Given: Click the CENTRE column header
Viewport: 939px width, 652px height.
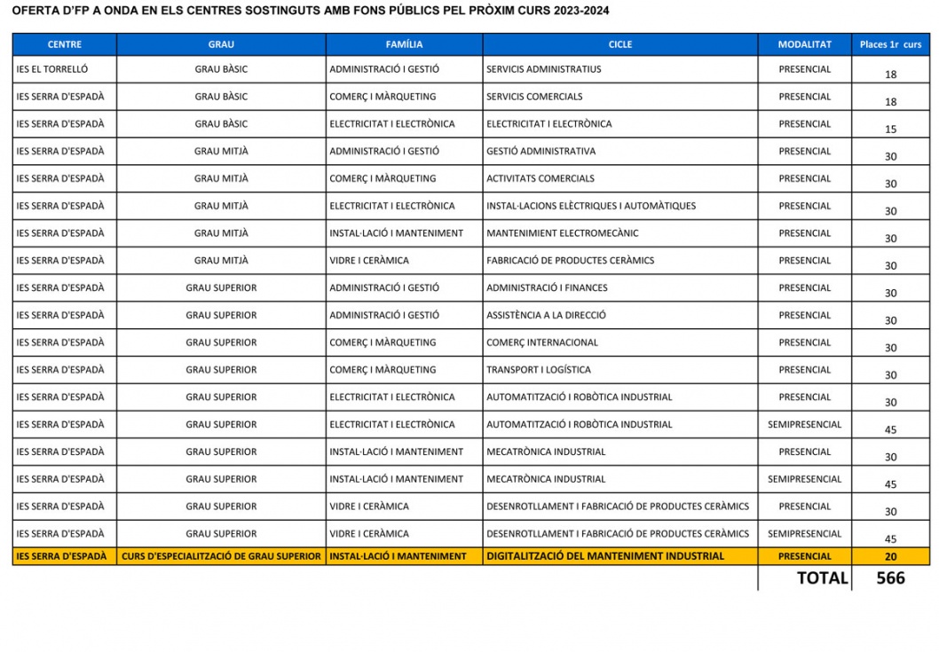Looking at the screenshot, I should [64, 44].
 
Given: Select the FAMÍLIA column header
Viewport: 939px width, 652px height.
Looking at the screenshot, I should [404, 44].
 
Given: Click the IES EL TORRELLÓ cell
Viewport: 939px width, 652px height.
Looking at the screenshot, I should [52, 69].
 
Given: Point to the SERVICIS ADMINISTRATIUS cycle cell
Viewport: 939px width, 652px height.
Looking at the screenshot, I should [543, 69].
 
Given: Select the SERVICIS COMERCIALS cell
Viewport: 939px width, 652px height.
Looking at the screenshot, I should [534, 97].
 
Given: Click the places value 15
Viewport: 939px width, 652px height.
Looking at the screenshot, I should [890, 130].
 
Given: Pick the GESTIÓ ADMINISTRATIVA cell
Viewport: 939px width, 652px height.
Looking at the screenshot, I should [541, 151].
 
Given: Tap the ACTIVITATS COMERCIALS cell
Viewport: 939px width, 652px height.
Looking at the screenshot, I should [540, 178].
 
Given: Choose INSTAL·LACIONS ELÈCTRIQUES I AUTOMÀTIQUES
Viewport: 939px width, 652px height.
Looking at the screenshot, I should [591, 206].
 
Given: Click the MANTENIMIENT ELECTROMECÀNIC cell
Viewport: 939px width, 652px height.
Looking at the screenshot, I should [562, 233].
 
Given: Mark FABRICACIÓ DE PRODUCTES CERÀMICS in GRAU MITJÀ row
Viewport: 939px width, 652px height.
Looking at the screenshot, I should [570, 261].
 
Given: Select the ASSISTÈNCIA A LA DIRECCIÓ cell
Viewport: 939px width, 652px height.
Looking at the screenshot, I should [546, 315].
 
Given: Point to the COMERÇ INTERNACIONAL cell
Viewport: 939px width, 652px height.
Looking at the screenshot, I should [542, 342].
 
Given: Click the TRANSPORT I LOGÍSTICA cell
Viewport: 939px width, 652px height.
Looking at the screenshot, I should [538, 370].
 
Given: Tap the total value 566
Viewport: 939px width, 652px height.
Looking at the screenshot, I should [890, 578].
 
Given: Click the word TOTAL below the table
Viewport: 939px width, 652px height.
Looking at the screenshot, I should [822, 578].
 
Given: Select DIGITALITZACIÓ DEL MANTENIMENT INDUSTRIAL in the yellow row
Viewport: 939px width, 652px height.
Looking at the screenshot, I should [605, 556].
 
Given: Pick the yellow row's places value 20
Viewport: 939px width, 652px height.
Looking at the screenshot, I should [890, 557].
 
